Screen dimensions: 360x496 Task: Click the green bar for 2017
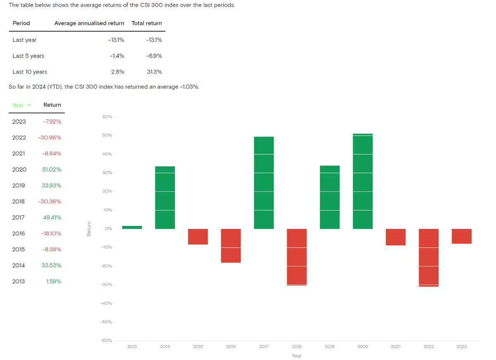pyautogui.click(x=264, y=182)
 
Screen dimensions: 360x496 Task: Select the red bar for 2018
pyautogui.click(x=297, y=257)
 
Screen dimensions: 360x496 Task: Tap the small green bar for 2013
pyautogui.click(x=132, y=227)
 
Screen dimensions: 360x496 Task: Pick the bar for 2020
pyautogui.click(x=362, y=181)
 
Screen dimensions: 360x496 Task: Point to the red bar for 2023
pyautogui.click(x=461, y=236)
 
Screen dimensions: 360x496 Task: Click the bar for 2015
pyautogui.click(x=198, y=236)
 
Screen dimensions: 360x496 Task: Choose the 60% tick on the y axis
pyautogui.click(x=107, y=117)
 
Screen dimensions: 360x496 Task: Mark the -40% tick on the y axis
pyautogui.click(x=106, y=303)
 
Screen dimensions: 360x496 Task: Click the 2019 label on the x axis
pyautogui.click(x=329, y=347)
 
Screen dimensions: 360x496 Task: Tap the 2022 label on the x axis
pyautogui.click(x=429, y=347)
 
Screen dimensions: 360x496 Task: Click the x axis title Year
pyautogui.click(x=296, y=356)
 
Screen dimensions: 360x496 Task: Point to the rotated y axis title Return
pyautogui.click(x=89, y=229)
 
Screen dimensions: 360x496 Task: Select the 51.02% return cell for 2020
pyautogui.click(x=52, y=169)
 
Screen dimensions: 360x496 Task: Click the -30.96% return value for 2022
pyautogui.click(x=50, y=138)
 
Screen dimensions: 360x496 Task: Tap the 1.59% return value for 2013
pyautogui.click(x=53, y=281)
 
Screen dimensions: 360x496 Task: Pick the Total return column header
pyautogui.click(x=147, y=23)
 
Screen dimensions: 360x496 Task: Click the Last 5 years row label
pyautogui.click(x=28, y=56)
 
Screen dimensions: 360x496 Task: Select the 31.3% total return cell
pyautogui.click(x=154, y=72)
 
